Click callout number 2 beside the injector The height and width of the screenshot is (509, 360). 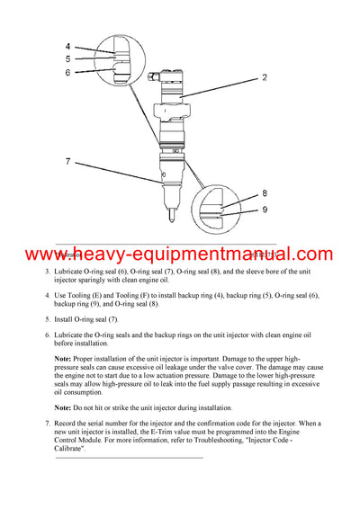(x=264, y=78)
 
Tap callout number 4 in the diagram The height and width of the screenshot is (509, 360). (x=67, y=47)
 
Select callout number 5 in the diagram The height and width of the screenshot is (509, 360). (x=67, y=60)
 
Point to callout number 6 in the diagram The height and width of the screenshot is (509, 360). (x=67, y=73)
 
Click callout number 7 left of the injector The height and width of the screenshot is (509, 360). (x=67, y=162)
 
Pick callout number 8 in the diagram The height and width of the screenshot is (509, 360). (x=264, y=192)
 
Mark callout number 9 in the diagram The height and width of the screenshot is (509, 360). (x=264, y=210)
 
